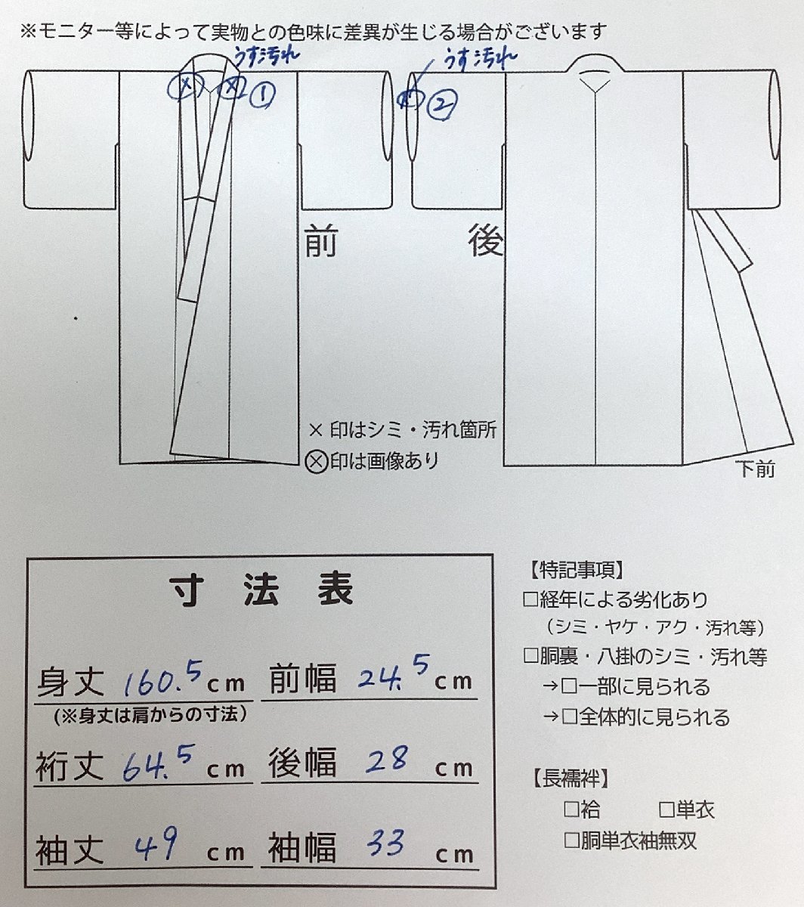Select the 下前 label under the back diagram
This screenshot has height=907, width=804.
click(x=755, y=469)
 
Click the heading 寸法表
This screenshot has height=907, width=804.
click(x=261, y=590)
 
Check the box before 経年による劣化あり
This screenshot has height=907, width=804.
click(x=530, y=600)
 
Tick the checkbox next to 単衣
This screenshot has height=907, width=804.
click(x=666, y=811)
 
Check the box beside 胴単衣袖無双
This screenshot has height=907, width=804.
click(x=572, y=840)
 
